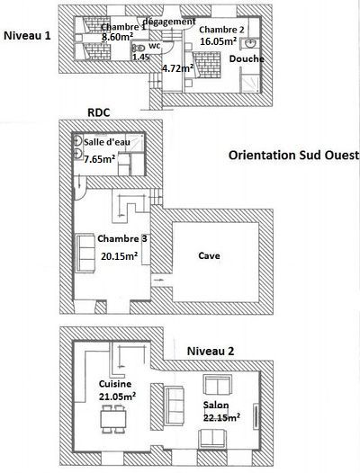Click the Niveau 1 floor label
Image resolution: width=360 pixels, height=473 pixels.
pyautogui.click(x=27, y=36)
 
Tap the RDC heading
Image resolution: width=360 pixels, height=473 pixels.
pyautogui.click(x=98, y=112)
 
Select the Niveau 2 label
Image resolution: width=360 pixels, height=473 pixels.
pyautogui.click(x=211, y=351)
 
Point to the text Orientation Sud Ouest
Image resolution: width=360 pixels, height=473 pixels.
pyautogui.click(x=294, y=155)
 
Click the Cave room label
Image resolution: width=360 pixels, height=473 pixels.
pyautogui.click(x=209, y=255)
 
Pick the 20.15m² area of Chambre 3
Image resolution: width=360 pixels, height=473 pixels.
pyautogui.click(x=120, y=256)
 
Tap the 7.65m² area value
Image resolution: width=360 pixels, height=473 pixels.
pyautogui.click(x=99, y=158)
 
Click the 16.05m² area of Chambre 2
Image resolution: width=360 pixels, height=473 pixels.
pyautogui.click(x=218, y=41)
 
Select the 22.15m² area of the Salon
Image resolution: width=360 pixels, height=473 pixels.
pyautogui.click(x=221, y=418)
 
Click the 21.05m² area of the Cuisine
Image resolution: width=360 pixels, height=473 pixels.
pyautogui.click(x=117, y=396)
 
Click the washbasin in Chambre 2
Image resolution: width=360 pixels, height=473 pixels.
pyautogui.click(x=250, y=44)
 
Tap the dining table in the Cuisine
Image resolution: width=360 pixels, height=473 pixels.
pyautogui.click(x=114, y=419)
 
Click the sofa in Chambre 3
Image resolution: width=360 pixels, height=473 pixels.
pyautogui.click(x=85, y=253)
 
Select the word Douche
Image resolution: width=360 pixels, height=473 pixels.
pyautogui.click(x=247, y=58)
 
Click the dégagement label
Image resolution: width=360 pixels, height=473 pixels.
pyautogui.click(x=169, y=22)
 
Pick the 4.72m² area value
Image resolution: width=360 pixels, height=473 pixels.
pyautogui.click(x=177, y=68)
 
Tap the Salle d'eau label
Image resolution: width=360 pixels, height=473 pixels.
pyautogui.click(x=107, y=142)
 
